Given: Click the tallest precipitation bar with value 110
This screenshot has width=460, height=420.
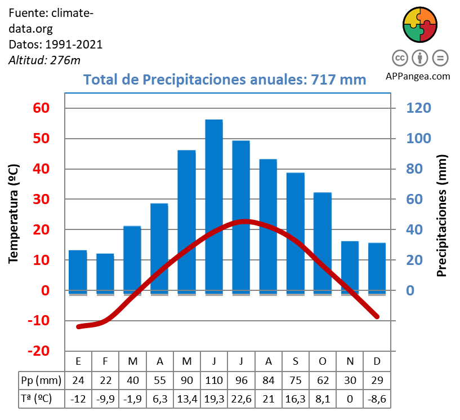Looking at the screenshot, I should (214, 206).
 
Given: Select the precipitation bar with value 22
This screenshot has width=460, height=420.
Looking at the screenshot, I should (105, 273).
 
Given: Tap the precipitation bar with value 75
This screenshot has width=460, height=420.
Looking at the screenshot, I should (295, 232).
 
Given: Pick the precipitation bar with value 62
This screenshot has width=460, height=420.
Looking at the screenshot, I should (323, 242).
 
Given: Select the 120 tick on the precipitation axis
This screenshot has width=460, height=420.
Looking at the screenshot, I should (416, 108).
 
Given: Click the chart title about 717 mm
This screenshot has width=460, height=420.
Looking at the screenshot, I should (225, 79).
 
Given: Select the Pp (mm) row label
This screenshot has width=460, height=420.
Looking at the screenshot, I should (41, 381).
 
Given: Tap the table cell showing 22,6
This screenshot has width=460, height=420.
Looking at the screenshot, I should (241, 399).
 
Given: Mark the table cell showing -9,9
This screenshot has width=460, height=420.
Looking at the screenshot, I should (105, 399).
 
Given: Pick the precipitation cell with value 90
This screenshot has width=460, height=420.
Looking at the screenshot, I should (187, 381).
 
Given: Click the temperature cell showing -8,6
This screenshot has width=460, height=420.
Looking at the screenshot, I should (377, 399).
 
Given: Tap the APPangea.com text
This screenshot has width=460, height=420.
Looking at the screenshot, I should (418, 76).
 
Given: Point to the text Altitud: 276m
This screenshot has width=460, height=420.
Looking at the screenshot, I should (44, 60).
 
